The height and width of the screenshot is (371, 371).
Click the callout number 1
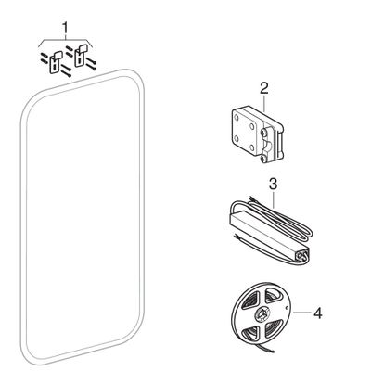click(65, 28)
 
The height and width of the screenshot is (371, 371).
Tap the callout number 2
click(263, 89)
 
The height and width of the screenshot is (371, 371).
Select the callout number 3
click(273, 185)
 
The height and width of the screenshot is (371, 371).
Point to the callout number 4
click(317, 313)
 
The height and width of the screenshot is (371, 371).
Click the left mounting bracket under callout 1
click(55, 62)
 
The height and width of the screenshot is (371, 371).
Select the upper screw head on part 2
click(262, 133)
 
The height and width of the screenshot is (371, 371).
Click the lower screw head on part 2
click(262, 159)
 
